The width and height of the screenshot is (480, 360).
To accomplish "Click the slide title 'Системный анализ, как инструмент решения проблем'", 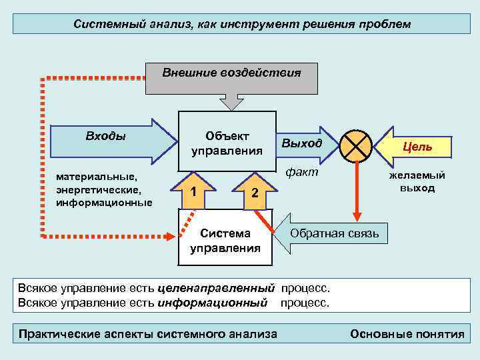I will coord(241,24).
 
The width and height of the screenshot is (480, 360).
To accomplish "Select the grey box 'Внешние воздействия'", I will coord(231,77).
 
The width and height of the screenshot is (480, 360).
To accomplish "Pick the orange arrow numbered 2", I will coord(254,191).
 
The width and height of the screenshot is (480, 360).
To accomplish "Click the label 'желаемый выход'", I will coord(417,181).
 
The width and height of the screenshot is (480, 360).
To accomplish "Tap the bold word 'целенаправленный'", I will coord(217,289).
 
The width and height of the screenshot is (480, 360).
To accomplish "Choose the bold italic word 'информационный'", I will coord(213,303).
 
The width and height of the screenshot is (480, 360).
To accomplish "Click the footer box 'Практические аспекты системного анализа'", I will coord(148,334).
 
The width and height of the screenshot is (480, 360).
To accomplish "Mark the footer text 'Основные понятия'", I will coord(407,334).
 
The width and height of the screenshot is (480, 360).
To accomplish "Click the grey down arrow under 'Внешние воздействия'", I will coord(232,102).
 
